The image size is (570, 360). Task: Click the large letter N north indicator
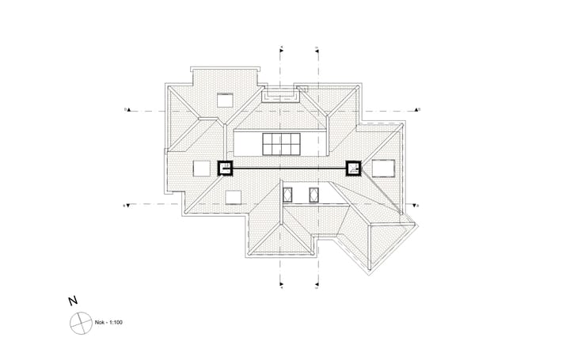(73, 301)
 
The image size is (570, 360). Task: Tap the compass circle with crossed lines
(80, 323)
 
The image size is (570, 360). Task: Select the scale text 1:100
(115, 324)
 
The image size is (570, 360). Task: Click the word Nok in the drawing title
(100, 324)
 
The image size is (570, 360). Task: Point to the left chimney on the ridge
(225, 169)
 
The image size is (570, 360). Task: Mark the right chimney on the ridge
(352, 168)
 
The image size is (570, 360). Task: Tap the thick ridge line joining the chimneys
(289, 169)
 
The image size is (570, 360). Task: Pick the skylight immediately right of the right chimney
(383, 168)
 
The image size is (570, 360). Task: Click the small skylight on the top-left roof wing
(225, 100)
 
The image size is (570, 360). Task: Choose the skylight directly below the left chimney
(234, 197)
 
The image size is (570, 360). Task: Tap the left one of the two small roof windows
(289, 194)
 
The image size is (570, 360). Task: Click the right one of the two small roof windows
(313, 194)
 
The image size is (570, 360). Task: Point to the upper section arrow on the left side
(129, 109)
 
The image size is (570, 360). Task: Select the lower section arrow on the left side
(129, 205)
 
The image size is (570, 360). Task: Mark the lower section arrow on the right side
(415, 205)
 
